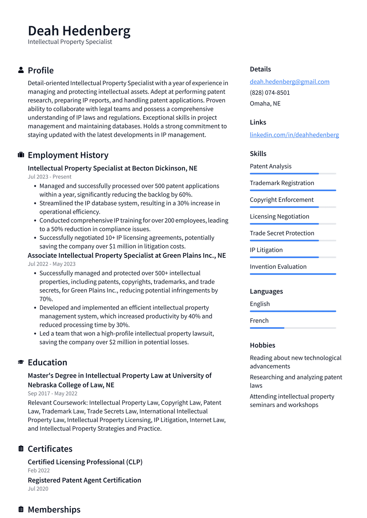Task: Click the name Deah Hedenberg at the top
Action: pos(79,31)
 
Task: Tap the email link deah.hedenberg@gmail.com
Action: pos(289,82)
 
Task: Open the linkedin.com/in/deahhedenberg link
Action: pos(294,135)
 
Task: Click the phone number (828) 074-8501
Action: pos(270,92)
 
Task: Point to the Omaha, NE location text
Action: pos(265,103)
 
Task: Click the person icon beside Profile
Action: pos(21,70)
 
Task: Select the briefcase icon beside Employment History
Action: pos(21,155)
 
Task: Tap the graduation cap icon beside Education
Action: pos(21,362)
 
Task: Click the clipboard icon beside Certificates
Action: pos(21,449)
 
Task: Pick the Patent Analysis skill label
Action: pos(270,166)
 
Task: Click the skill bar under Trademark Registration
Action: pos(292,190)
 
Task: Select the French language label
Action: pos(259,320)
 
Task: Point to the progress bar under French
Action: pos(292,328)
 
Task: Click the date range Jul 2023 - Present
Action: pos(49,177)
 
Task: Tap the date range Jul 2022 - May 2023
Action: pos(52,264)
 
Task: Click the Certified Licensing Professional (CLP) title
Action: pos(85,462)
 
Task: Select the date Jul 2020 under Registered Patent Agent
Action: pos(38,489)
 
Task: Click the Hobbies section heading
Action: pos(262,345)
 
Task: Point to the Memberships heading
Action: pos(54,509)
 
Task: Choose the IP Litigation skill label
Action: pos(266,250)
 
